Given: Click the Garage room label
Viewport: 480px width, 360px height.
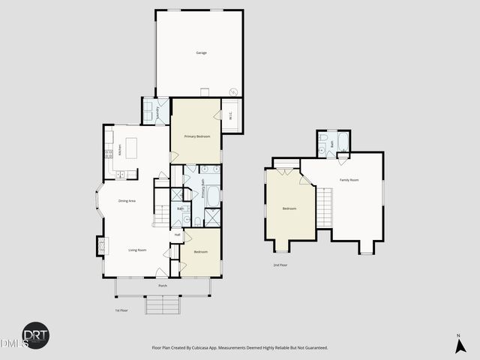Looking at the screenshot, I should point(201,52).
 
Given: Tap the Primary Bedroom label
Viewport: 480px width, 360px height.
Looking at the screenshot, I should point(197,136).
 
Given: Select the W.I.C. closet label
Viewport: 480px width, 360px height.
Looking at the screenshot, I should point(231,115).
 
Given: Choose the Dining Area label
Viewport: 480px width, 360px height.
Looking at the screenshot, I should point(127,200).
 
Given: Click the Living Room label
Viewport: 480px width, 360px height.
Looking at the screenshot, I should point(136,250).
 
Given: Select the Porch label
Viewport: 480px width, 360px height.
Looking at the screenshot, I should point(163,286).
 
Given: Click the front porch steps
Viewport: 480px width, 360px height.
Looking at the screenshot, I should point(163,305).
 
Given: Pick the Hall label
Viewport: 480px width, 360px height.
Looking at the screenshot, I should point(178,235).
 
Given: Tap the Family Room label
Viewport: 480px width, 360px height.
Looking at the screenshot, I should point(349,180).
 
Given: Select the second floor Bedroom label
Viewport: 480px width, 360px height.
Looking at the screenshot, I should point(289,208).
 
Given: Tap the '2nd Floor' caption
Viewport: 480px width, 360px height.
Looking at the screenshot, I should point(280,265).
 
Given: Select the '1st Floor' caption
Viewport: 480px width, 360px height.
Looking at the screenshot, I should point(121,310).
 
